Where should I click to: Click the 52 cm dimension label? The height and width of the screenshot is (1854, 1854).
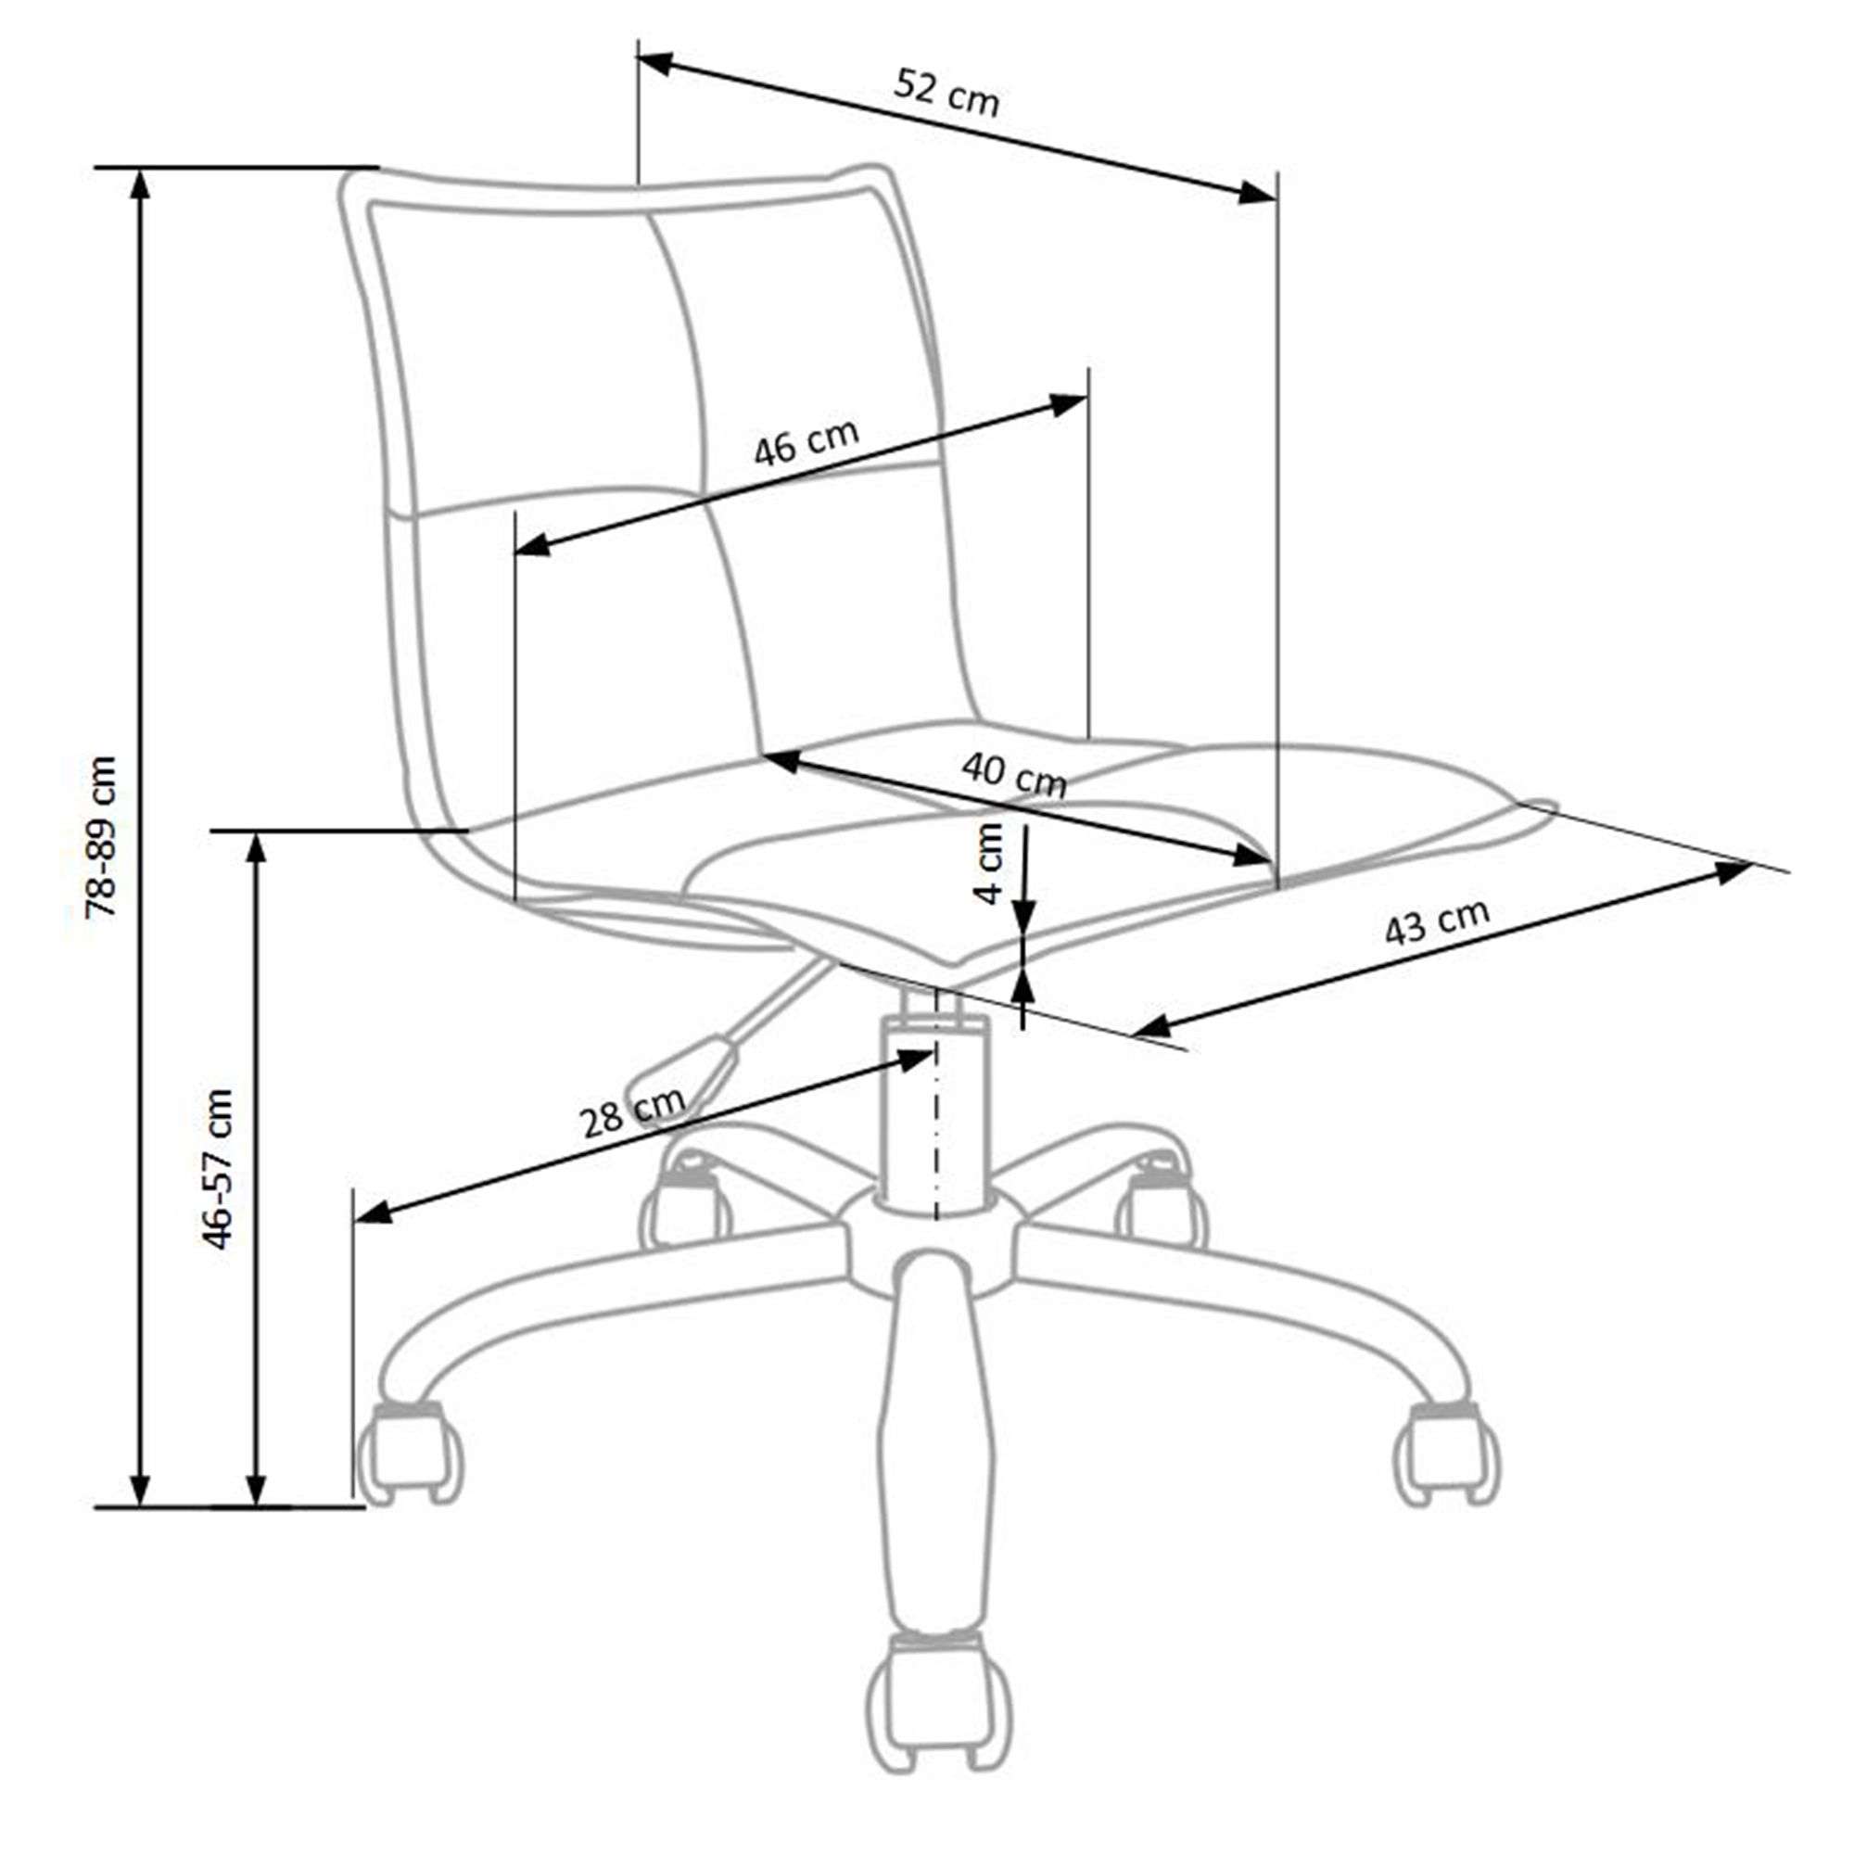946,92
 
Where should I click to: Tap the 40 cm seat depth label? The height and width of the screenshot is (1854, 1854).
1014,774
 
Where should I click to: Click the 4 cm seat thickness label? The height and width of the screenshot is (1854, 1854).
988,864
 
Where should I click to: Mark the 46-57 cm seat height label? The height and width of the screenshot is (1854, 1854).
217,1169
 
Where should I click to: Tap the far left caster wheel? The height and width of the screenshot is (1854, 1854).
410,1452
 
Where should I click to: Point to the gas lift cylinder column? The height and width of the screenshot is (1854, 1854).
933,1116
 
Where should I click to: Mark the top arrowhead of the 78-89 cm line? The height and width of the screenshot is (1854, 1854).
140,186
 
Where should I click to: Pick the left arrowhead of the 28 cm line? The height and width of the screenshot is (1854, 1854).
375,1215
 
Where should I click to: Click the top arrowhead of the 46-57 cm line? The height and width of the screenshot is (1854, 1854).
255,850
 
